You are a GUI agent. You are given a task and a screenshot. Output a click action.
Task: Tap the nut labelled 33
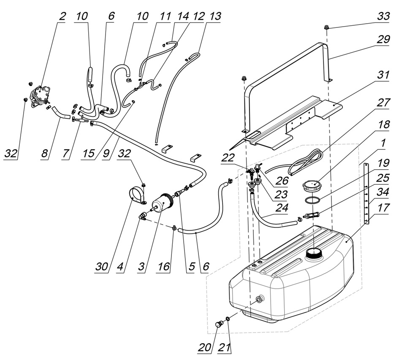(x=327, y=27)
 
